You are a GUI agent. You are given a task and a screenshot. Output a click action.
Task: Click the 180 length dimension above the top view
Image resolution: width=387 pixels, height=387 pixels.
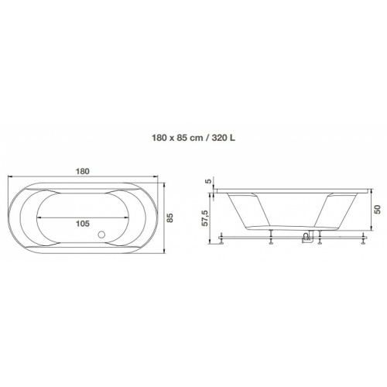[x=83, y=171]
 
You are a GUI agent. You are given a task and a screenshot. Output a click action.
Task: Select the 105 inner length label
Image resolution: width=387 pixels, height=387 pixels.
[x=83, y=224]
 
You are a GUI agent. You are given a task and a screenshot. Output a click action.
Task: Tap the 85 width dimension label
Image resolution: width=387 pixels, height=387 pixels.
[x=170, y=217]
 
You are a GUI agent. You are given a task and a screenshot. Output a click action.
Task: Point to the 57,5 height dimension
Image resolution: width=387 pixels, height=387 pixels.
[x=204, y=218]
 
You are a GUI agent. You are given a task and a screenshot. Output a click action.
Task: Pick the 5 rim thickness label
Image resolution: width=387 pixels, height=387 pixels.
[x=209, y=181]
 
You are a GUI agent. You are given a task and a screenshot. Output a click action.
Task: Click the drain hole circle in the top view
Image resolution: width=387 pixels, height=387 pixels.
[x=101, y=235]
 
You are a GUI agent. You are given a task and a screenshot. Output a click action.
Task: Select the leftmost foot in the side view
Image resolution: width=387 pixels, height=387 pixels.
[x=221, y=238]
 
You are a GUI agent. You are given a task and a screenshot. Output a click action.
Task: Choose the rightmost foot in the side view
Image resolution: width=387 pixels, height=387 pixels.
[x=364, y=238]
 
